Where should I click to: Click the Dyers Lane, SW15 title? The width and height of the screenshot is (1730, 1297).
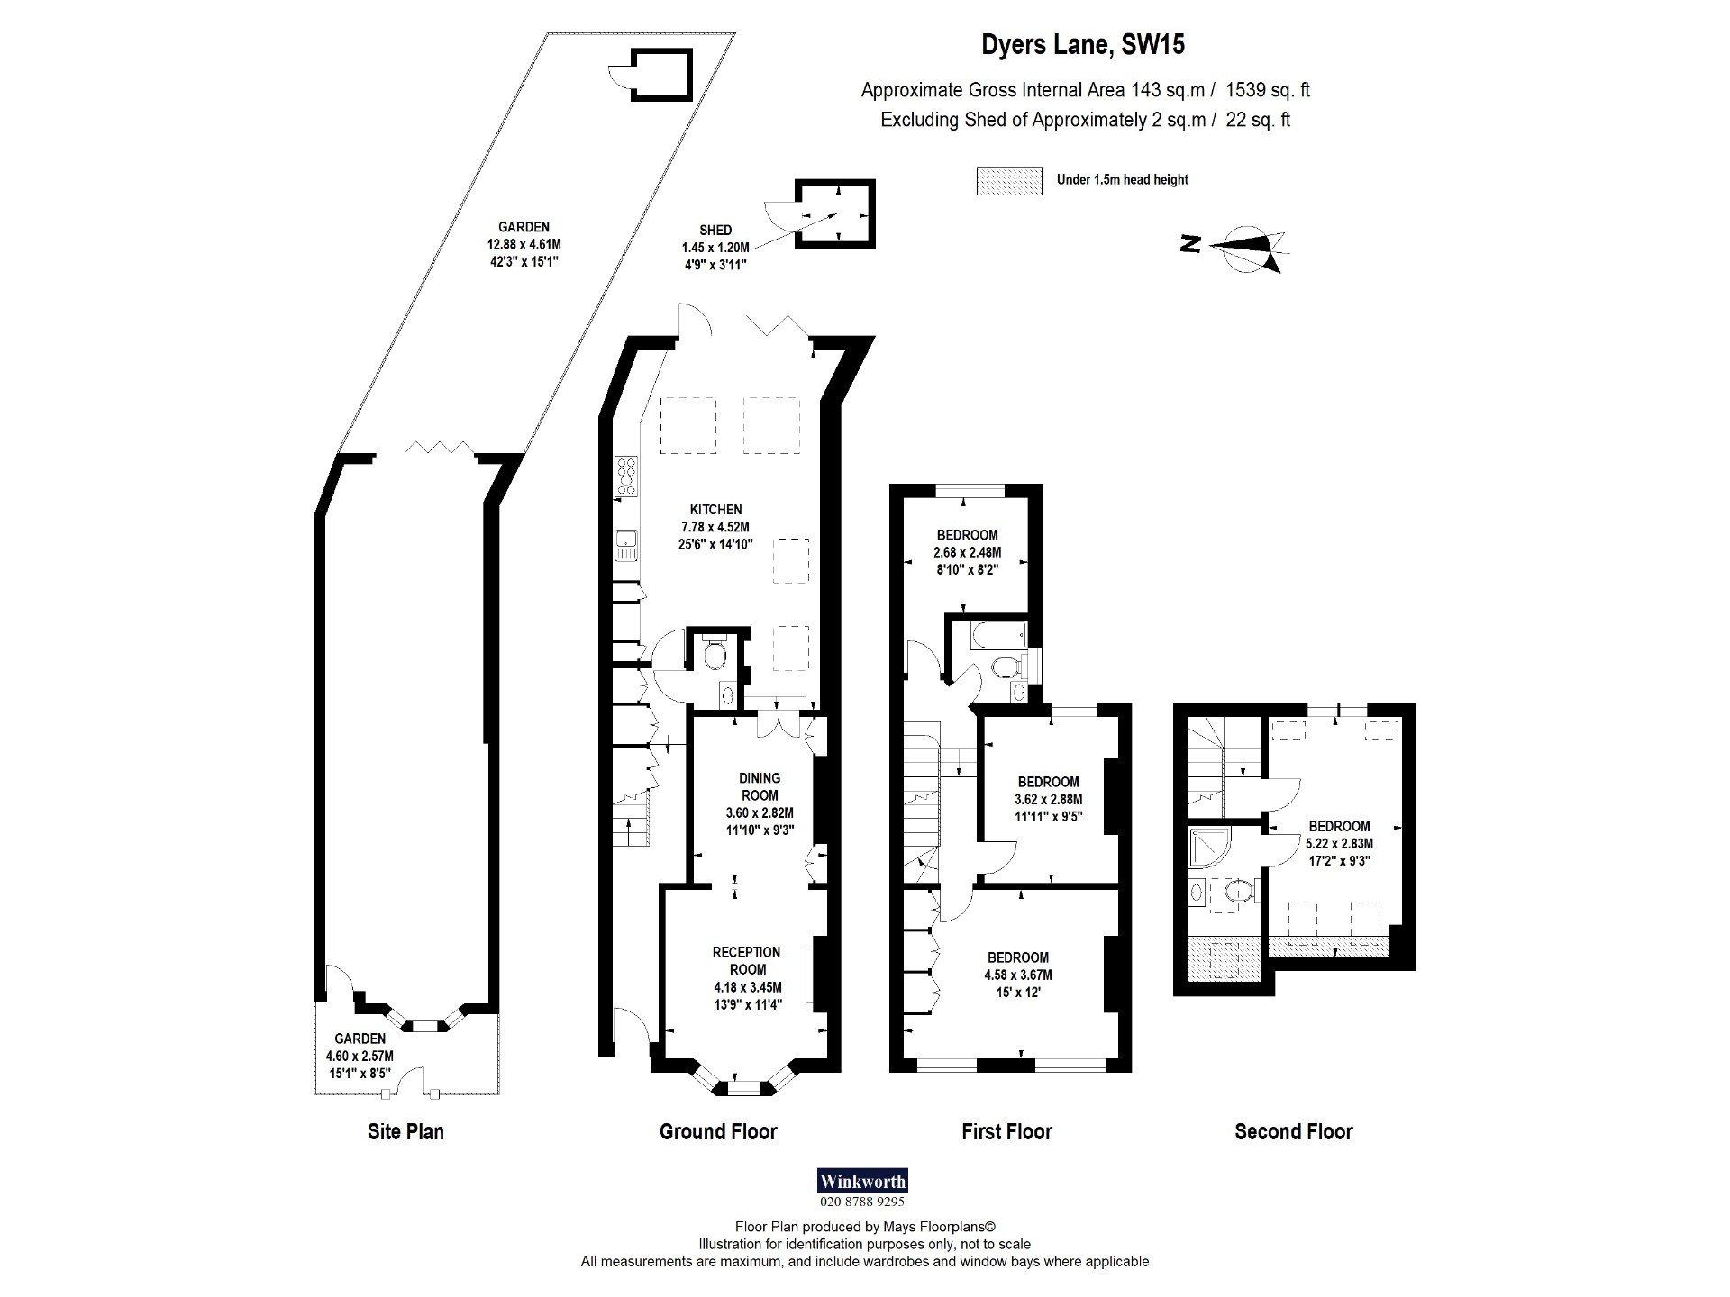[1082, 45]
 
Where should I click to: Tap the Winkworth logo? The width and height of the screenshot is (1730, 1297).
[861, 1181]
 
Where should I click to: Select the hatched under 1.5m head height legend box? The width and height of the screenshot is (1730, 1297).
[1008, 180]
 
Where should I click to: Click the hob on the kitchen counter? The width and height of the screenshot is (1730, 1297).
[625, 476]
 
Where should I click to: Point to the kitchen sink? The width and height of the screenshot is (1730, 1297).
[625, 546]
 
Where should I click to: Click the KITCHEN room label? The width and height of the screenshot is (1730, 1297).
[715, 510]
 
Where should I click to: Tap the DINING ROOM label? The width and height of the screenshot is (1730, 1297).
[760, 786]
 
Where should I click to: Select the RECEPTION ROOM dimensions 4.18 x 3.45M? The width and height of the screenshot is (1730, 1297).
[747, 987]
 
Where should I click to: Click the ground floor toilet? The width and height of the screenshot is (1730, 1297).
[715, 654]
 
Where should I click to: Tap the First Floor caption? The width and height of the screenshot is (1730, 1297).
[1006, 1132]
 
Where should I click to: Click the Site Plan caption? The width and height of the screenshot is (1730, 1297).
[405, 1132]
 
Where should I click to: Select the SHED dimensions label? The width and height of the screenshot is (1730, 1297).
[715, 247]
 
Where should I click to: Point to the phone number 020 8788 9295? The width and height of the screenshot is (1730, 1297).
[861, 1202]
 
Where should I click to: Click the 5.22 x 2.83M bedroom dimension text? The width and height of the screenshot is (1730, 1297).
[1339, 844]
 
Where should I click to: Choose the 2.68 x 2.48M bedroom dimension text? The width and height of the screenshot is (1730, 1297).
[967, 552]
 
